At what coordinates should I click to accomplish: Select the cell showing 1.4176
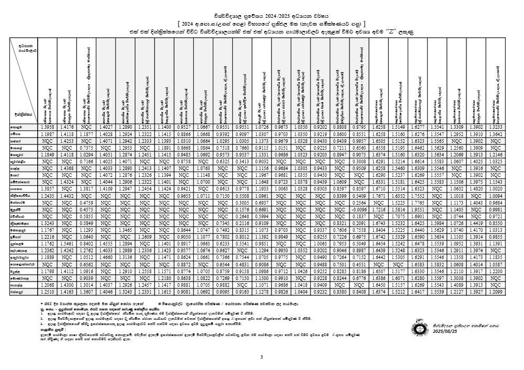coord(67,127)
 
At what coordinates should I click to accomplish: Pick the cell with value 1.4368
coord(67,169)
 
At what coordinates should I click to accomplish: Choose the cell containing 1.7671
coord(378,196)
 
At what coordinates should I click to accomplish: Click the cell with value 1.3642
coord(496,134)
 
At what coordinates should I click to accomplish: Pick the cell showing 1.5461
coord(67,244)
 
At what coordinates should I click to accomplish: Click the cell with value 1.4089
coord(456,285)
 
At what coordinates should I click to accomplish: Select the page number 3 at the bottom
coord(261,357)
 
